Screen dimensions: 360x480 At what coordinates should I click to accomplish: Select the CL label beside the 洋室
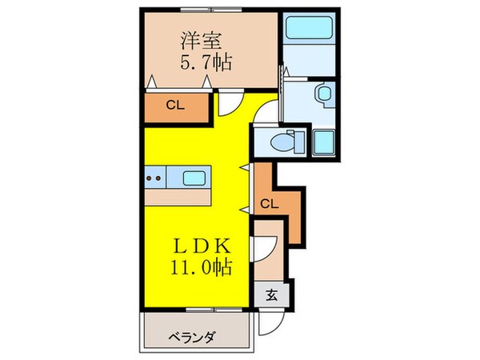point(175,104)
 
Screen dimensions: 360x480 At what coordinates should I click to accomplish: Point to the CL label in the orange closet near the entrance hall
point(270,204)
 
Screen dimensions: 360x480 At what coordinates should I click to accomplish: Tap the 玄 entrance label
point(272,293)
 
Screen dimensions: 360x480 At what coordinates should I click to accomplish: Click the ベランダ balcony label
point(193,336)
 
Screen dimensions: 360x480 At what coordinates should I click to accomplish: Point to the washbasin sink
point(324,94)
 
